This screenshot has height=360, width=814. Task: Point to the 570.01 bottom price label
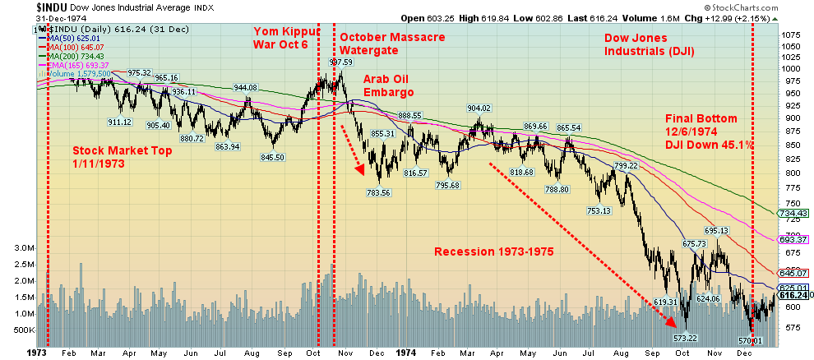tap(751, 340)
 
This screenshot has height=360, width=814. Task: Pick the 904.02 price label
tap(479, 108)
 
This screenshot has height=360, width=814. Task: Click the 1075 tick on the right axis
tap(791, 36)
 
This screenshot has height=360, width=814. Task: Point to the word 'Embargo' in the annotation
tap(389, 92)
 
